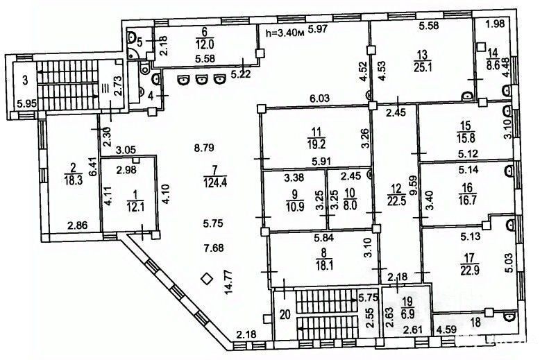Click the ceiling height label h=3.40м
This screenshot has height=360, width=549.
tap(285, 33)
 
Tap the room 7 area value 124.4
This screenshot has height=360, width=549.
tap(215, 182)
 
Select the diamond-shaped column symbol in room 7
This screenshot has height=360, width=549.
tap(207, 279)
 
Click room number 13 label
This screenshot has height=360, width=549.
tap(423, 55)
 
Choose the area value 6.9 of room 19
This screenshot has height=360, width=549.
tap(409, 313)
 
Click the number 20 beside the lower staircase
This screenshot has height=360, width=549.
tap(285, 314)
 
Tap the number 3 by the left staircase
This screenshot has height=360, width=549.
tap(25, 80)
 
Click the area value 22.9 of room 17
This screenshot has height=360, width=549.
tap(468, 270)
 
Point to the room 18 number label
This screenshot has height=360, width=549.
tap(475, 323)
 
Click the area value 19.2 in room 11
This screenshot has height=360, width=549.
tap(316, 143)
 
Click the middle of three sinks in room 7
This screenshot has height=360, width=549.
tap(201, 80)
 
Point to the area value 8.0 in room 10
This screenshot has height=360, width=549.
tap(350, 205)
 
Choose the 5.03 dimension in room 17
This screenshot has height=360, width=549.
tap(509, 262)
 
